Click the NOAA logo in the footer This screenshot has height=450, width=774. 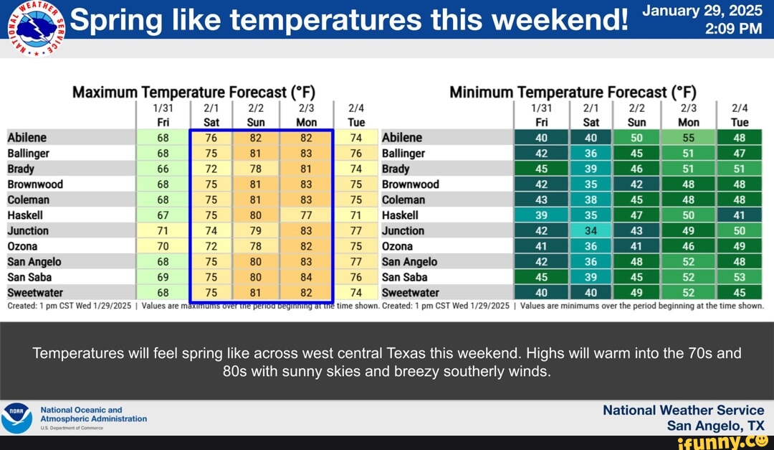16,418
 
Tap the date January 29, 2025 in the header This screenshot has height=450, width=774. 702,11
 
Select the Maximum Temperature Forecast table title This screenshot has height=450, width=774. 193,92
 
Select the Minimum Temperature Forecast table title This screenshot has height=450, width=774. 573,92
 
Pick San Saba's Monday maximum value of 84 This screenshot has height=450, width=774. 307,277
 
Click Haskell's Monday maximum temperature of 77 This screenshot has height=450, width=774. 307,215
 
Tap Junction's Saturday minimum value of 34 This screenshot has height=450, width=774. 591,230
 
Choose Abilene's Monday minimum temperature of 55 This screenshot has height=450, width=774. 689,138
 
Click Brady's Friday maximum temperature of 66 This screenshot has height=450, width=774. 163,169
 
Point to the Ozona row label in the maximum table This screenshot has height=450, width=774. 22,246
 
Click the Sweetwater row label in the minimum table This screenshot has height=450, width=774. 411,293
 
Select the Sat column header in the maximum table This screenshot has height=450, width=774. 211,122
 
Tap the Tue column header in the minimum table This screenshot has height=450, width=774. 740,122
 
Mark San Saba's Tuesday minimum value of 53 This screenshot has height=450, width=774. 740,277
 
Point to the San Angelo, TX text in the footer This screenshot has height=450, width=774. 715,425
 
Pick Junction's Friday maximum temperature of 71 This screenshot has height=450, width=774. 163,230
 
